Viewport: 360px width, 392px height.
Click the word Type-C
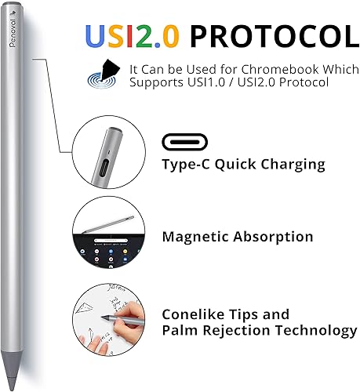click(x=187, y=165)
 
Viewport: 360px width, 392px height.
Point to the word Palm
click(x=180, y=330)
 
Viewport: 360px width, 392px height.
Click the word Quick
click(x=235, y=165)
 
